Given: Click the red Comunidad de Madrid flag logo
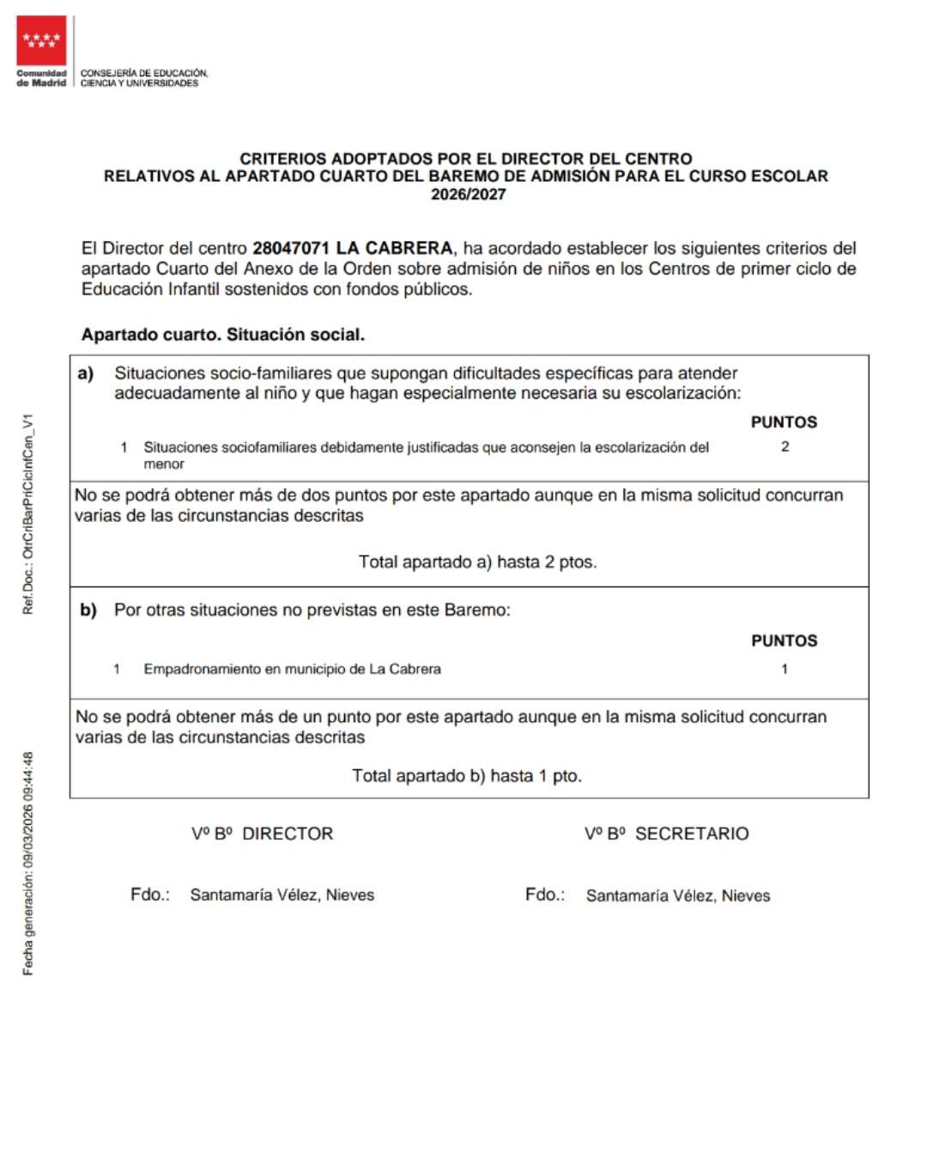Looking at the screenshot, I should (x=41, y=40).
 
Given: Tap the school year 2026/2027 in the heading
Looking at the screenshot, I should (x=468, y=194).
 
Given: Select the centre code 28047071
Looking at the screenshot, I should (x=290, y=248).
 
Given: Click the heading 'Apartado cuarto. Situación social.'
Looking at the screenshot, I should (x=223, y=335).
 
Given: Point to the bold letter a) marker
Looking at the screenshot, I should (x=86, y=373).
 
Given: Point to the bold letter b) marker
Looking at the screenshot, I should (x=88, y=610).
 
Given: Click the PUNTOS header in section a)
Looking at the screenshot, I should (x=784, y=422).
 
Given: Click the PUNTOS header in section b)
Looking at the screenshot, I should (x=784, y=641).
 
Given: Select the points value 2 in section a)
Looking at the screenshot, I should (x=785, y=446).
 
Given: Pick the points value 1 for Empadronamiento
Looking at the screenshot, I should (x=784, y=669).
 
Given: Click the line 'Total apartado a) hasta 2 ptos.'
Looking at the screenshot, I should (x=477, y=562).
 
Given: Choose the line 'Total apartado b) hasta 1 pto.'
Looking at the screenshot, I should (x=467, y=776).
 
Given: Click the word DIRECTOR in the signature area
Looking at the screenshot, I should (x=288, y=834).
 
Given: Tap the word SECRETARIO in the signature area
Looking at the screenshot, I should (x=692, y=834).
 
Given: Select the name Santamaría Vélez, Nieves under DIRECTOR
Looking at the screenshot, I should (x=282, y=895).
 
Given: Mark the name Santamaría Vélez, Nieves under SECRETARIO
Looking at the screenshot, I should (x=678, y=895).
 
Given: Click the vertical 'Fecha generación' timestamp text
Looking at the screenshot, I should (x=28, y=863).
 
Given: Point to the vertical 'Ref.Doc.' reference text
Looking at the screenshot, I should (x=28, y=513).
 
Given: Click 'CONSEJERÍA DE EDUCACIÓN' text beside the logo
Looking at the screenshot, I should (x=144, y=74).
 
